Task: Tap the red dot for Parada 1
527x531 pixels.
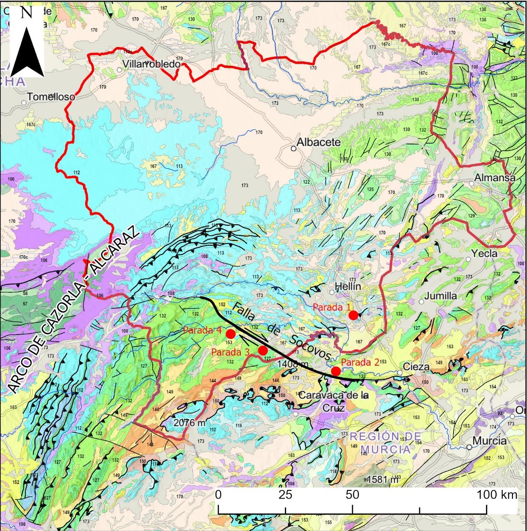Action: point(353,315)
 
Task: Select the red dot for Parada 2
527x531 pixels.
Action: point(336,371)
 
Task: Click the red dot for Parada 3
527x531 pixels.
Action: point(263,351)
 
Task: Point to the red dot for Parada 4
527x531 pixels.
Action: point(231,334)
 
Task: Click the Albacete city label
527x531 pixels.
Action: point(319,142)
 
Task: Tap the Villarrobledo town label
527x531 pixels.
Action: point(151,64)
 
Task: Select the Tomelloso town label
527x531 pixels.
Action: point(51,97)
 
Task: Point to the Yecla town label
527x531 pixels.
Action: point(484,253)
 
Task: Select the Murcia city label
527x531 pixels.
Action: point(489,440)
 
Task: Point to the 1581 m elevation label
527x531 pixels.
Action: point(383,480)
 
